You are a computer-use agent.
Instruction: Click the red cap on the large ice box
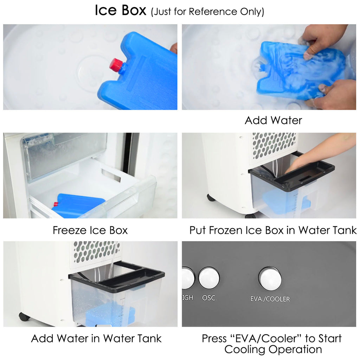coord(116,64)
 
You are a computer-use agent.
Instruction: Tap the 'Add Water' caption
coord(273,120)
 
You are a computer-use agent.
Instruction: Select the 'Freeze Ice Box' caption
coord(90,230)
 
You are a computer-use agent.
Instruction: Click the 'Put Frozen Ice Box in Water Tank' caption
coord(273,230)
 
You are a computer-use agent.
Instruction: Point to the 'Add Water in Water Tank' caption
coord(96,339)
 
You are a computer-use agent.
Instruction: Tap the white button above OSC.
coord(209,278)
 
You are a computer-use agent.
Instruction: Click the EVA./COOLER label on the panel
coord(270,299)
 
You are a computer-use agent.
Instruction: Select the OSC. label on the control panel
coord(209,298)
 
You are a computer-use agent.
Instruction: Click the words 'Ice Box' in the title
coord(121,10)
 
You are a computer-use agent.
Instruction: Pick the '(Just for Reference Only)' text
coord(207,12)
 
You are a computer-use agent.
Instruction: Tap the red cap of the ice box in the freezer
coord(56,204)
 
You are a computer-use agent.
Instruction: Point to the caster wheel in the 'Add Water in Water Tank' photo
coord(24,317)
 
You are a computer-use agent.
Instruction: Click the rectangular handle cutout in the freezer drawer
coord(111,175)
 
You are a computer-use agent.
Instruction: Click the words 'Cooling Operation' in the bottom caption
coord(273,349)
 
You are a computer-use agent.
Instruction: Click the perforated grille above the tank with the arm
coord(274,145)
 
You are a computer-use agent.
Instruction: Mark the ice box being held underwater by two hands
coord(301,71)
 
